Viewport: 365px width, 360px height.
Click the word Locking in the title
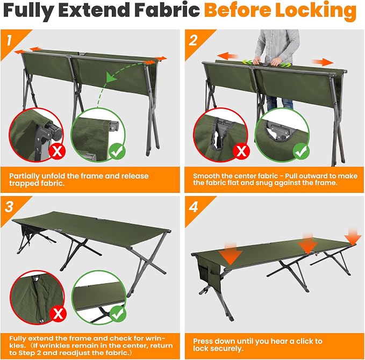pos(316,11)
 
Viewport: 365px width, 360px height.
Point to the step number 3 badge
pos(9,207)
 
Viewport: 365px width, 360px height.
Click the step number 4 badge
pos(194,207)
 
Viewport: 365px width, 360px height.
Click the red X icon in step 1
pos(57,152)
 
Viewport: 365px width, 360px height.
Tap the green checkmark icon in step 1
pos(117,152)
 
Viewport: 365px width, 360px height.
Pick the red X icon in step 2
pos(241,152)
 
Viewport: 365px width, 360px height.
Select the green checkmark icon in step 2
pos(301,152)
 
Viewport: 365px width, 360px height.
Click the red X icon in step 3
pos(58,314)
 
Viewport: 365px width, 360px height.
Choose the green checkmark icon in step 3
pos(118,314)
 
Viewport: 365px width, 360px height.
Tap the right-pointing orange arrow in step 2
pos(323,62)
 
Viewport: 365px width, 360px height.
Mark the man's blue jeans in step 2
pos(280,103)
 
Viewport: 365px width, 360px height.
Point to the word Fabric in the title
pos(167,10)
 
